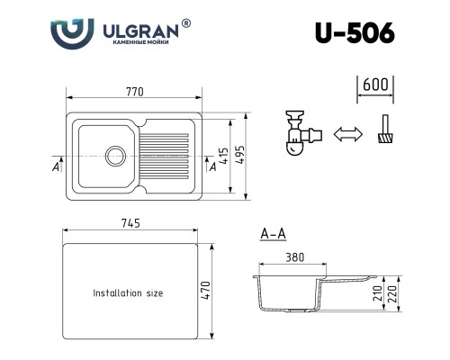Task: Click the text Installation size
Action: click(x=129, y=293)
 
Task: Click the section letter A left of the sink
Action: click(x=57, y=167)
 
